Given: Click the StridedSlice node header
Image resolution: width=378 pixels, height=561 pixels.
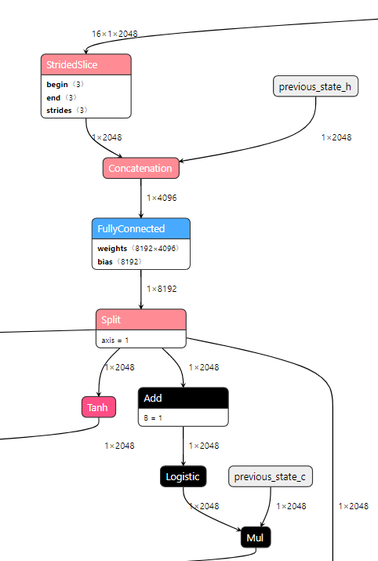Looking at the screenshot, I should point(85,65).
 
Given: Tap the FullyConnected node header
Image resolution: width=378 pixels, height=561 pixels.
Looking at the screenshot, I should point(140,228).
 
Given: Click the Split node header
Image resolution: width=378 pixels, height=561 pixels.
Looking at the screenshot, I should point(140,319).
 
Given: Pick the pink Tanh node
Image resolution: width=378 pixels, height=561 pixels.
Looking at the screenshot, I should point(99,406).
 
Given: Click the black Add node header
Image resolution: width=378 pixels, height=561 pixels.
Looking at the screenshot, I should point(183,398).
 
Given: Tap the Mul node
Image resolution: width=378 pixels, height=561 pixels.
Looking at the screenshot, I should point(255,539).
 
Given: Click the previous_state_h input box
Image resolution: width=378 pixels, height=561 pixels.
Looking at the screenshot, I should point(316,86).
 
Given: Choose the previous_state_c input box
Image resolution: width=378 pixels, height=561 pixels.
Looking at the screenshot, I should point(271,476).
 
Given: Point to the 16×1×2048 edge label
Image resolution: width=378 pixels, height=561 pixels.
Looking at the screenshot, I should point(114,34).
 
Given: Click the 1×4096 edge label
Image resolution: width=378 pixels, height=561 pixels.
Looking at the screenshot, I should point(162,197).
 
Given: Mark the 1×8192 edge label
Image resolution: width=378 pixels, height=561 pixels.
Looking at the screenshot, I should point(162,289).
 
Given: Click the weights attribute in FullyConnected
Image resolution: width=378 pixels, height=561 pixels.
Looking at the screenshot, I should point(139,248).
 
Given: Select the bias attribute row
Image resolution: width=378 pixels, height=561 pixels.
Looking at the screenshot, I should point(118,260).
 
